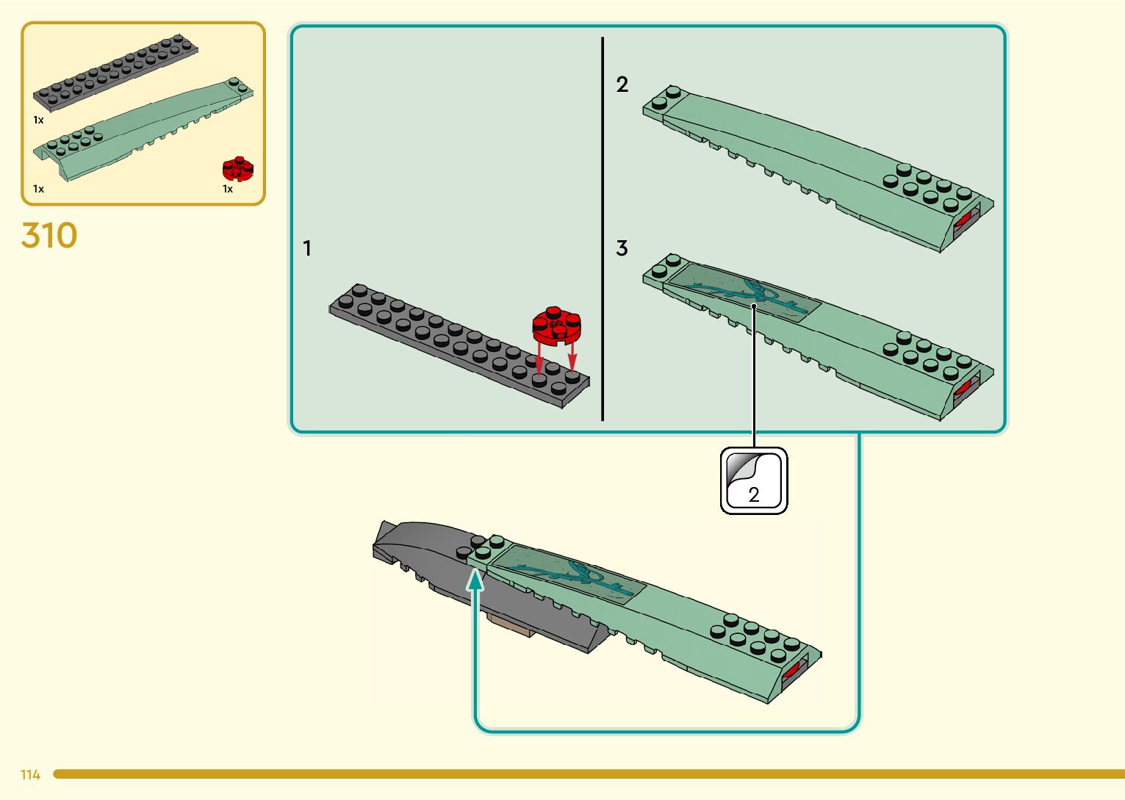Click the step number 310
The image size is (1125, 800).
coord(49,237)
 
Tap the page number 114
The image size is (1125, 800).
coord(30,775)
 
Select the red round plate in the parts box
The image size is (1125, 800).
coord(237,169)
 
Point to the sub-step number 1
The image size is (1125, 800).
coord(307,249)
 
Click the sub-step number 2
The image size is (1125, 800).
coord(622,85)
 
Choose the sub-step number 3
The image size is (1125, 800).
coord(622,249)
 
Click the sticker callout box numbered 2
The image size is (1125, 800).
coord(753,481)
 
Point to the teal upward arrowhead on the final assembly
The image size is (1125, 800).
coord(476,580)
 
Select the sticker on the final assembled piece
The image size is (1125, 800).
coord(569,573)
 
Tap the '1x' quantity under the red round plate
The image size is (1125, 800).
coord(228,190)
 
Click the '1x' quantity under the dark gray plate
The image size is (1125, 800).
coord(38,120)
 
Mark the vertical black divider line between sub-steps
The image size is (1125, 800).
coord(603,228)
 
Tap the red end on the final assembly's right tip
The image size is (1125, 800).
coord(791,671)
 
